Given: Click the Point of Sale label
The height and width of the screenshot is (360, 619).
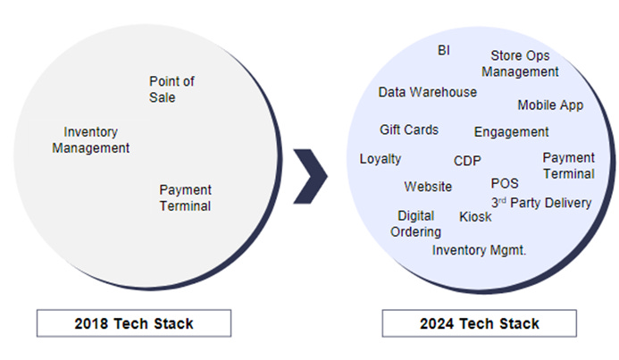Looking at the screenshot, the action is pyautogui.click(x=171, y=89).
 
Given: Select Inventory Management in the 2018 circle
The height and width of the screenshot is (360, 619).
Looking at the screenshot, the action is pyautogui.click(x=90, y=139).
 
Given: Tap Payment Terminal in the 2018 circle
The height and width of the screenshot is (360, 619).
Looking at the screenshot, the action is pyautogui.click(x=185, y=197).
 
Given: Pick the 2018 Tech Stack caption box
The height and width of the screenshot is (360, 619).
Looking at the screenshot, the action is pyautogui.click(x=133, y=323).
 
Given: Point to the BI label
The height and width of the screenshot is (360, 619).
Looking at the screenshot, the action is pyautogui.click(x=444, y=50).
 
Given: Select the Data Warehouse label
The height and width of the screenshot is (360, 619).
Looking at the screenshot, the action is pyautogui.click(x=427, y=92).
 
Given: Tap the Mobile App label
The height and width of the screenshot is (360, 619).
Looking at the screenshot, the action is pyautogui.click(x=550, y=105).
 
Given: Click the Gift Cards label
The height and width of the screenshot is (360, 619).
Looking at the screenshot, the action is pyautogui.click(x=409, y=130).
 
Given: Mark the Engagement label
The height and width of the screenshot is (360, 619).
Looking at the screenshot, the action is pyautogui.click(x=511, y=132).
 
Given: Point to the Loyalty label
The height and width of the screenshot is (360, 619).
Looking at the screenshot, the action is pyautogui.click(x=381, y=159).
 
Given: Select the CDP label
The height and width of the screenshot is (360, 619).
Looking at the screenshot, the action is pyautogui.click(x=467, y=162).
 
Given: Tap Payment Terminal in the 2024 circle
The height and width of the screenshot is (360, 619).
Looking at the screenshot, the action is pyautogui.click(x=568, y=165).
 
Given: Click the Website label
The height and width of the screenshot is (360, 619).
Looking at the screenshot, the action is pyautogui.click(x=428, y=187).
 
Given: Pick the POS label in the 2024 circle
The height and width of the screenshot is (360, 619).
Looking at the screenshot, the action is pyautogui.click(x=505, y=183).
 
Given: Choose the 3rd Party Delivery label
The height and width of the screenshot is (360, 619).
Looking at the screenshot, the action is pyautogui.click(x=540, y=203).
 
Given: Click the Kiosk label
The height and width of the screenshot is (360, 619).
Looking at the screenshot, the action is pyautogui.click(x=475, y=217).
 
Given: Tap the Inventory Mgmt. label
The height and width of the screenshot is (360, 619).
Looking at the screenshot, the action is pyautogui.click(x=479, y=250).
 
